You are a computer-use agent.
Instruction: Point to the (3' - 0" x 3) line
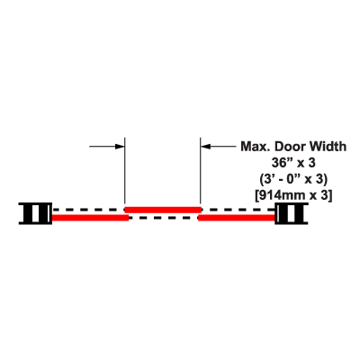pyautogui.click(x=293, y=179)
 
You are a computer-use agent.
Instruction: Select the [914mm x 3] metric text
pyautogui.click(x=293, y=196)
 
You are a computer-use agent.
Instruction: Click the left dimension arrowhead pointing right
pyautogui.click(x=120, y=147)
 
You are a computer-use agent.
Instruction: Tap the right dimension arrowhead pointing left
pyautogui.click(x=205, y=147)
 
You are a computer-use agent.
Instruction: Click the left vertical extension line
pyautogui.click(x=125, y=171)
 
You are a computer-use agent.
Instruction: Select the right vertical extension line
pyautogui.click(x=200, y=171)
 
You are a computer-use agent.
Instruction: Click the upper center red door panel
pyautogui.click(x=163, y=210)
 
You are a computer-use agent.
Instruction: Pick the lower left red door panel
pyautogui.click(x=91, y=218)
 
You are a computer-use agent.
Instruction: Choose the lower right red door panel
pyautogui.click(x=237, y=218)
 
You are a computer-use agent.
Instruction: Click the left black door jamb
pyautogui.click(x=35, y=213)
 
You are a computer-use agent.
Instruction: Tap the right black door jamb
pyautogui.click(x=292, y=213)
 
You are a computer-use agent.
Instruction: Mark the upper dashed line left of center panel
pyautogui.click(x=88, y=210)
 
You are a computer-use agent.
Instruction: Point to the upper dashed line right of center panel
pyautogui.click(x=238, y=210)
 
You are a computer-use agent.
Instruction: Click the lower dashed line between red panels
pyautogui.click(x=164, y=218)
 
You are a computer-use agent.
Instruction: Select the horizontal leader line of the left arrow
pyautogui.click(x=103, y=147)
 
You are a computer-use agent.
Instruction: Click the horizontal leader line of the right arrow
pyautogui.click(x=222, y=147)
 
